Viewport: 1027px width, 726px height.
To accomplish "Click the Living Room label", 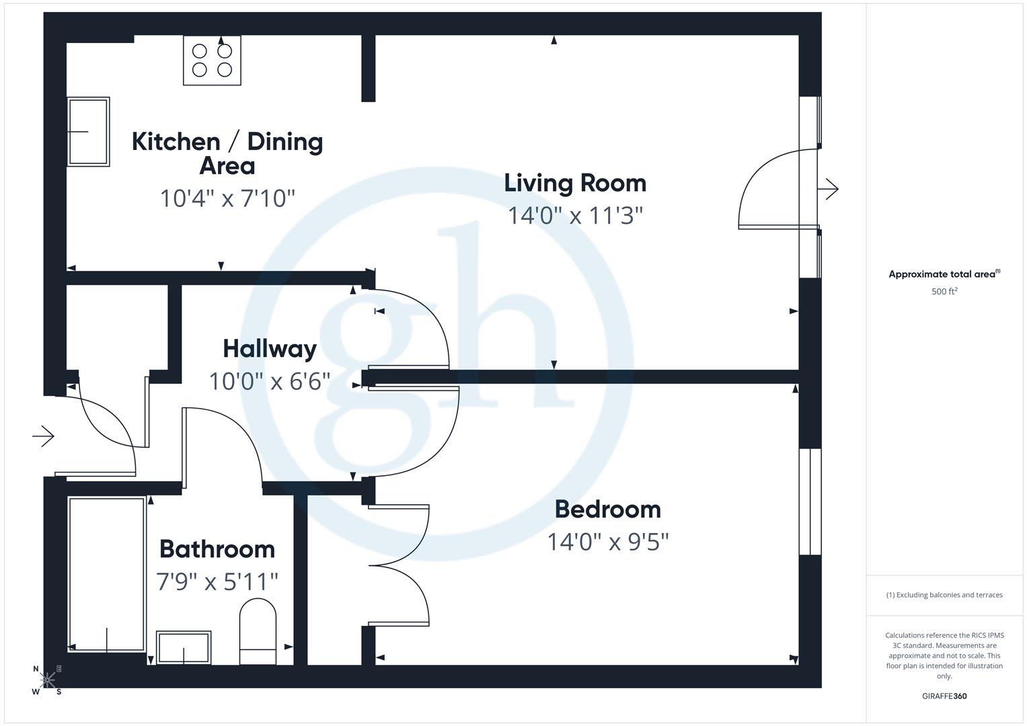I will point(575,183).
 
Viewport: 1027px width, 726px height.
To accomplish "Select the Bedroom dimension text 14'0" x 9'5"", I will point(607,542).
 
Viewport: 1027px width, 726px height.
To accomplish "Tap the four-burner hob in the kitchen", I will point(212,61).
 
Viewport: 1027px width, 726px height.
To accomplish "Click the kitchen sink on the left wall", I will point(88,132).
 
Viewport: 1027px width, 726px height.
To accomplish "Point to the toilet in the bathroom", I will point(258,631).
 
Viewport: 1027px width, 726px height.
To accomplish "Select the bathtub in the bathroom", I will point(107,574).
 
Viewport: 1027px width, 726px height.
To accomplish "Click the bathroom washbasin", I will point(184,647).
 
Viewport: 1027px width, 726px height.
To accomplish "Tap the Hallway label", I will point(270,349).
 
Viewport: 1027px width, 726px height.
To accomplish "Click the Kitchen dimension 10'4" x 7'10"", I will point(227,198).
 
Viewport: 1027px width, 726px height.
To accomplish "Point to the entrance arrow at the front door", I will point(43,436).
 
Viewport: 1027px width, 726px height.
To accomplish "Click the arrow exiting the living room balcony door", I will point(829,190).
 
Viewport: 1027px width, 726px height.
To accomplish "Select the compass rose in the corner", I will point(48,680).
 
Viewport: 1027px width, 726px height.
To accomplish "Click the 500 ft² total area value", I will point(944,292).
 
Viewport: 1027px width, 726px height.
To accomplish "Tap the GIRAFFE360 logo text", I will point(944,696).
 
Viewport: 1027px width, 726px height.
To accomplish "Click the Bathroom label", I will point(217,549).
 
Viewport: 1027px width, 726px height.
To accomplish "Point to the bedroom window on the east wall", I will point(810,501).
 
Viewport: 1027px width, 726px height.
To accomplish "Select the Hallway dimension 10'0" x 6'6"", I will point(270,382).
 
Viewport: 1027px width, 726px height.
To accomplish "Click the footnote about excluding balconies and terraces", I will point(944,595).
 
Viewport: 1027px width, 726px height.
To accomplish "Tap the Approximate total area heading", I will point(944,274).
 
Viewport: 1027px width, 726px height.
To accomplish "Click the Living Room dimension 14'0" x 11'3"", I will point(575,216).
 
